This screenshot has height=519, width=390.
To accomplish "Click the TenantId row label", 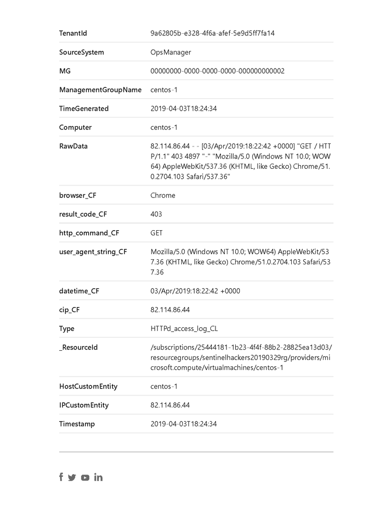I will point(73,33).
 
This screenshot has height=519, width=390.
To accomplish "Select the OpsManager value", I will point(171,52).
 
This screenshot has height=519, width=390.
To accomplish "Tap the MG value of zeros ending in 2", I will point(217,71).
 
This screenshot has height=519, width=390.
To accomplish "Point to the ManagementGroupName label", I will point(100,90).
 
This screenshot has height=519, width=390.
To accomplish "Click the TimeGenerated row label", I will point(84,109).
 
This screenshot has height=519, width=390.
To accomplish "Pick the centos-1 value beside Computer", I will point(164,127).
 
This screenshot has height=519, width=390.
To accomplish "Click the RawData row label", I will point(73,146).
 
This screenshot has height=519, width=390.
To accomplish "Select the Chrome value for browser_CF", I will point(163,195).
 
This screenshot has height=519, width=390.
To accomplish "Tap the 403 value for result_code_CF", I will point(156,214).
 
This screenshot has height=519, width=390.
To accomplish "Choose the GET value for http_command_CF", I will point(157,233).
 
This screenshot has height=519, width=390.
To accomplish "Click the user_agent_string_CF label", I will point(93,251).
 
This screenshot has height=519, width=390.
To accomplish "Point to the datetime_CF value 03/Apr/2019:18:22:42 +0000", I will point(195,291).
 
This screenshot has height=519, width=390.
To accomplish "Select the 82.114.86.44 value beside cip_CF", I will point(170,310).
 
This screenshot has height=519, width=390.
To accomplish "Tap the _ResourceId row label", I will point(78,347).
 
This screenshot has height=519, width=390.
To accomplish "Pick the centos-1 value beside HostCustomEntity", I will point(164,387).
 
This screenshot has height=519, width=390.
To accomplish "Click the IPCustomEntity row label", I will point(84,405).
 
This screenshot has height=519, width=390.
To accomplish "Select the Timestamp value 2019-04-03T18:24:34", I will point(184,424).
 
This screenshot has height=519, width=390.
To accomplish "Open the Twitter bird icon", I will point(72,477).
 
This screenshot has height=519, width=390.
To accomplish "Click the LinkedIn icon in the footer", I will point(98,477).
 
